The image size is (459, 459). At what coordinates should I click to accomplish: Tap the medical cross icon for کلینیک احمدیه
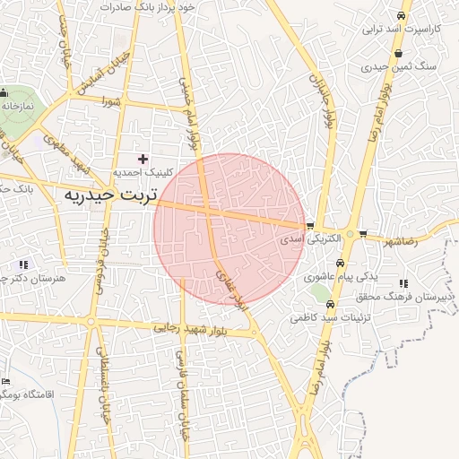pos(143,159)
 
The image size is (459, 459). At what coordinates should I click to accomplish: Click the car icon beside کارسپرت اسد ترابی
pos(399,16)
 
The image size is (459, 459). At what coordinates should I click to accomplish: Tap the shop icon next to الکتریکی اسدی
pos(309,226)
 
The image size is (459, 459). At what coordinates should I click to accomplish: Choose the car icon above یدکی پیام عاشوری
pos(340,264)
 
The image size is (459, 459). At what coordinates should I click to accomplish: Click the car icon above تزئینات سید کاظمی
pos(328,303)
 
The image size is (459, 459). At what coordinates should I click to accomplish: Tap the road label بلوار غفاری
pos(229,288)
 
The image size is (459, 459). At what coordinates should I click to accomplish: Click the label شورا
pos(111,100)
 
